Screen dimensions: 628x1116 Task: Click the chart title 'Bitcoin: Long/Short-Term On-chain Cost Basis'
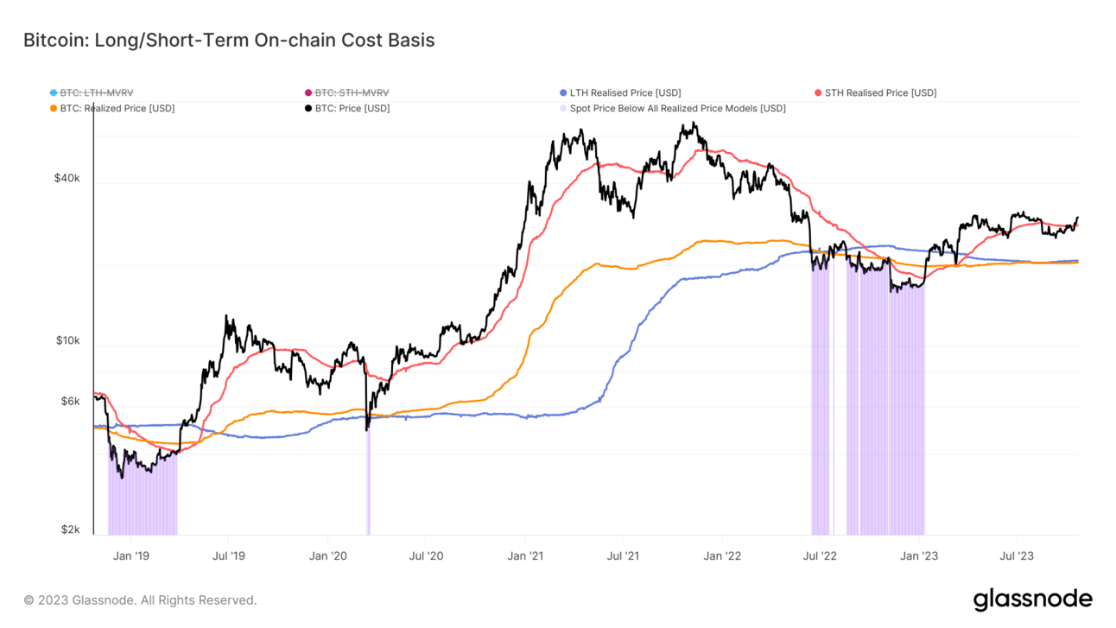(229, 41)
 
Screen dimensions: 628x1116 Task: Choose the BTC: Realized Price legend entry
(117, 108)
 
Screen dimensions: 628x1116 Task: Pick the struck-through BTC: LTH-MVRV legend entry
(96, 92)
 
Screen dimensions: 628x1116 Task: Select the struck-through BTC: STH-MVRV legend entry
(351, 92)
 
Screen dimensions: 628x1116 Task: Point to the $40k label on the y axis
(67, 178)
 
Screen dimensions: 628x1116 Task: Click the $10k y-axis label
(67, 340)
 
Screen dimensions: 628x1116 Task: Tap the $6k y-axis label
(69, 401)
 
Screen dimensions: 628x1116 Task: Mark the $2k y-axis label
(69, 530)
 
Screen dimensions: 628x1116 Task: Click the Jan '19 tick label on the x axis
(131, 555)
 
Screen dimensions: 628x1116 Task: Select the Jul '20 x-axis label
(426, 555)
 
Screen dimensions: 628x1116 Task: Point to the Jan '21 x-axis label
(526, 555)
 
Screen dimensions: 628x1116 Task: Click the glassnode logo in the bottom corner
(1032, 599)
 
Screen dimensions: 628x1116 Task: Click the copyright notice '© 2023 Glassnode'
(140, 599)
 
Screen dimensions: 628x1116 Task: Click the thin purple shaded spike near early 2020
(368, 484)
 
